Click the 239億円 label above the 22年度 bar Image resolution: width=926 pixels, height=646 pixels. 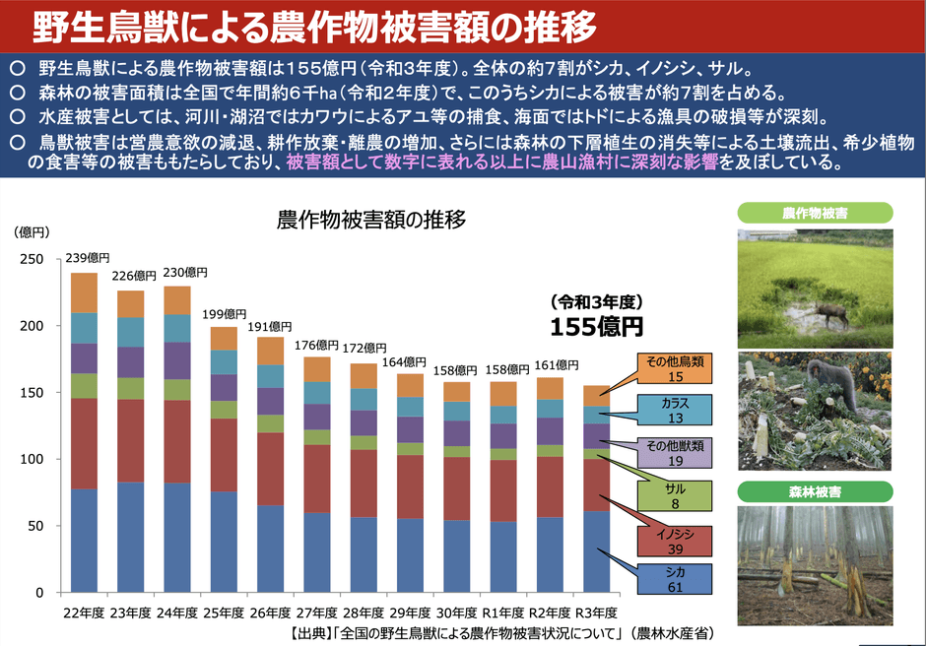85,260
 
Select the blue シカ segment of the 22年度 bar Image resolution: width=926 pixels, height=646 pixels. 85,541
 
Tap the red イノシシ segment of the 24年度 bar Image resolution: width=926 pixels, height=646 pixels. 177,441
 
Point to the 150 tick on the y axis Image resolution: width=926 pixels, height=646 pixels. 32,393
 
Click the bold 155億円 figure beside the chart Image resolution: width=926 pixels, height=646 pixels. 596,326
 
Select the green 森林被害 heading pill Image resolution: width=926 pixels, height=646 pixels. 814,490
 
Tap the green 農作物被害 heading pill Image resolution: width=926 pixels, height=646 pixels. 814,212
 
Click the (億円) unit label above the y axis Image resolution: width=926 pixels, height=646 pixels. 32,233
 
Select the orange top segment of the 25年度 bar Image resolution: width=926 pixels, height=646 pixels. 225,339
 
